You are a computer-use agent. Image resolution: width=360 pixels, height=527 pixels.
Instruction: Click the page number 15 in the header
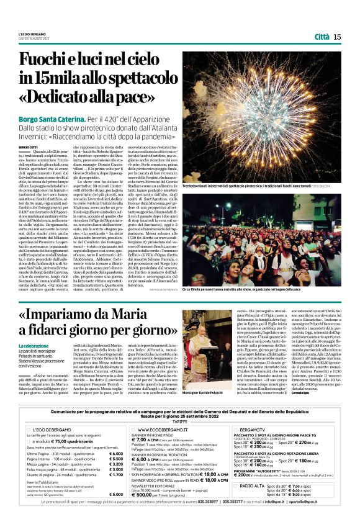coord(337,37)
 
